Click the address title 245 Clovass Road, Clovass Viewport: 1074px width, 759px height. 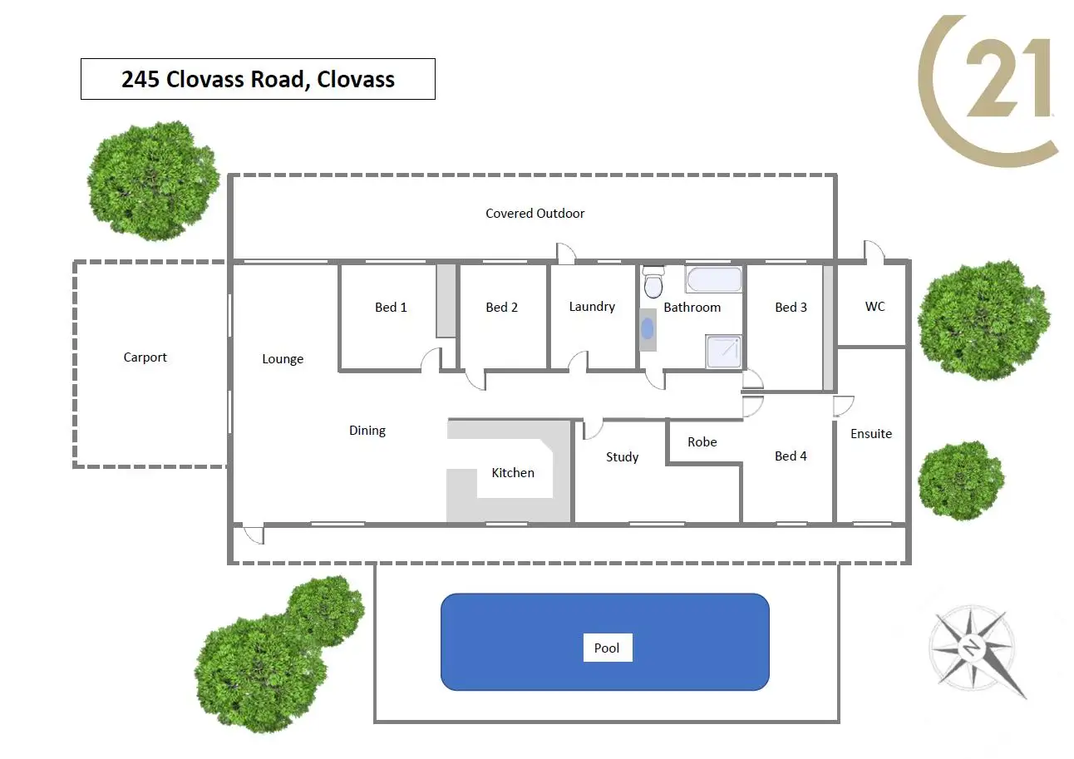point(258,80)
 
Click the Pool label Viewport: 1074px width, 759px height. point(607,648)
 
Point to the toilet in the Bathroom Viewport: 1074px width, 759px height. point(654,283)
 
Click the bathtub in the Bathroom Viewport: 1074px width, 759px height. point(713,279)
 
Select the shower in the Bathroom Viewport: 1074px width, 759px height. point(722,351)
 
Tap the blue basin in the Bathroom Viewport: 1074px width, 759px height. point(648,328)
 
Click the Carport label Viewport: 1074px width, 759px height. point(145,357)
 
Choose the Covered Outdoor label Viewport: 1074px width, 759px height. point(535,214)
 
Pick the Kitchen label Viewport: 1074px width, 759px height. point(513,473)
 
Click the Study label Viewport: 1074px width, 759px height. point(622,456)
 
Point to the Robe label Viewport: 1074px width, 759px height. point(702,442)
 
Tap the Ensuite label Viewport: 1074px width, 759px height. point(871,434)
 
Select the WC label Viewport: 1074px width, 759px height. point(874,307)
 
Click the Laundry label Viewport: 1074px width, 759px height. point(592,307)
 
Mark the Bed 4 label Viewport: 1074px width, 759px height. point(791,456)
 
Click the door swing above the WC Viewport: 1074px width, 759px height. point(873,251)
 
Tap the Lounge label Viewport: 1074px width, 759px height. point(283,359)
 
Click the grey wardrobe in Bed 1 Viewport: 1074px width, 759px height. point(446,301)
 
